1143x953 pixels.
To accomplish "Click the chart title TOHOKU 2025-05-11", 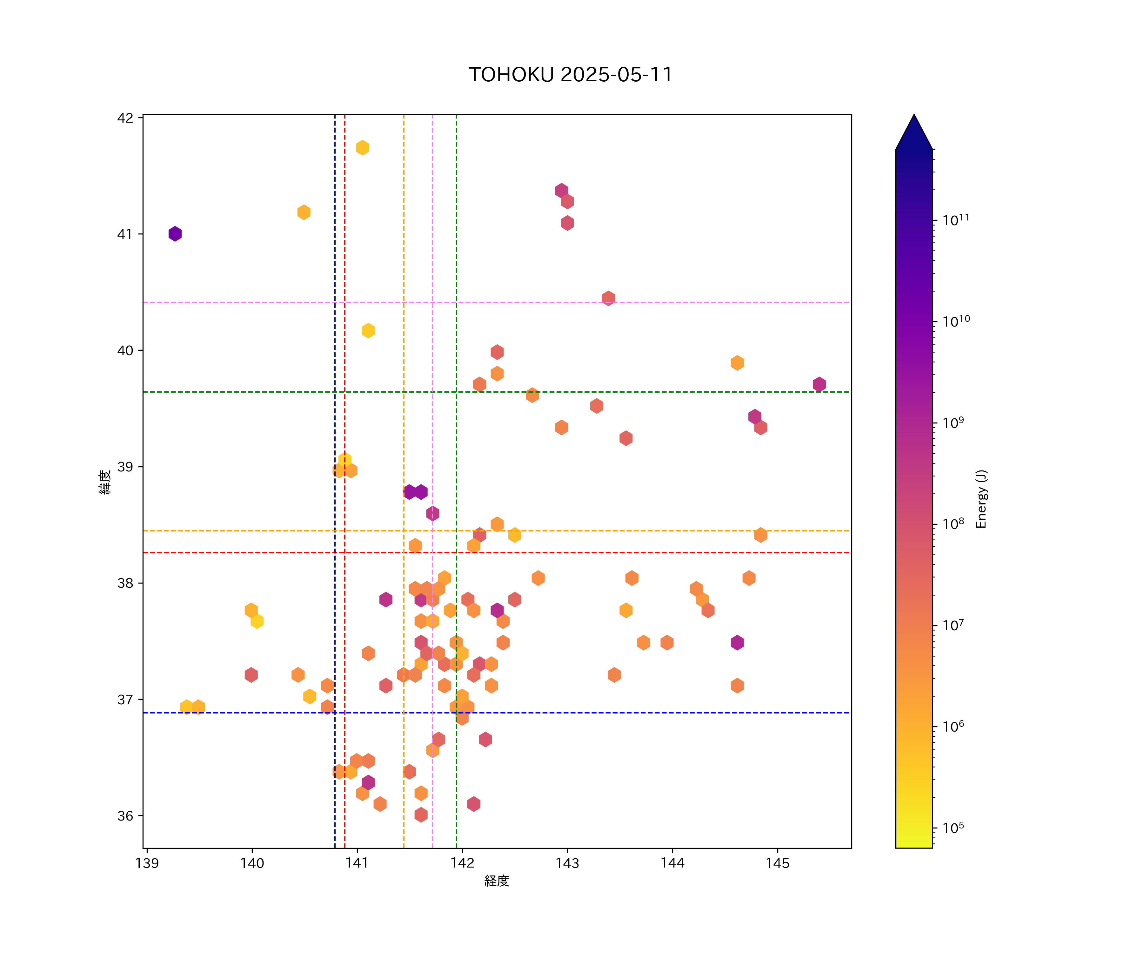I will (571, 75).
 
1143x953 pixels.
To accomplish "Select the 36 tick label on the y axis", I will (125, 816).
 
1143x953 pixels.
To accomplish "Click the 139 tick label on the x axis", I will (147, 863).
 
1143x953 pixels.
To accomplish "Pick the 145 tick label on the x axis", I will (777, 863).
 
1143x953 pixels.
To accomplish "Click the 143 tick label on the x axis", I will (567, 863).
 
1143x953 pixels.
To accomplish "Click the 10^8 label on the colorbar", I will (953, 523).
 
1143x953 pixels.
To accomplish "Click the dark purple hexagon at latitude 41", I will (175, 233).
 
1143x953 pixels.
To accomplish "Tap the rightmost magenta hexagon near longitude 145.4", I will (819, 384).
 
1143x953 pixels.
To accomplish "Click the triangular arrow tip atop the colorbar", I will (914, 131).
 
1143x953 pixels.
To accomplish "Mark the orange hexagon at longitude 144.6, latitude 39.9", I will (737, 363).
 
